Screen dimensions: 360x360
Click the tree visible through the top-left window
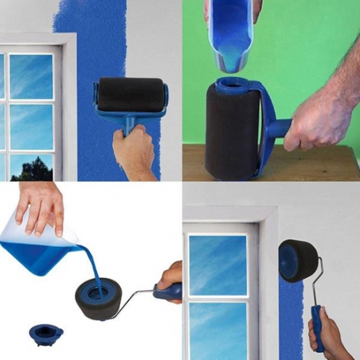(x=32, y=168)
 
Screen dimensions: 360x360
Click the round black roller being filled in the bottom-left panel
(x=100, y=295)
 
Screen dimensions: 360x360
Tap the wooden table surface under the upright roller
(x=319, y=163)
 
